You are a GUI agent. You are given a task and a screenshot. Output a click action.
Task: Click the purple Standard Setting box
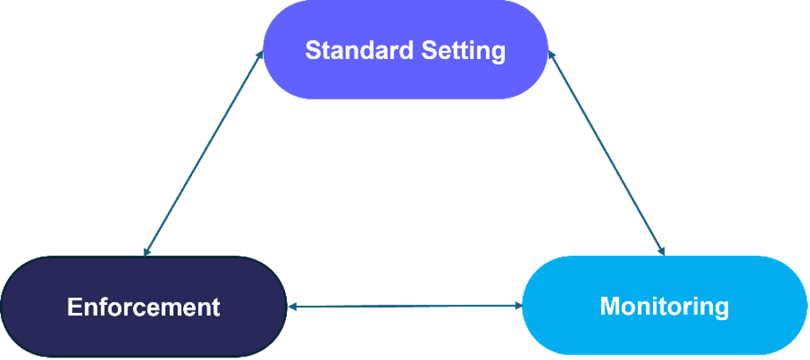(405, 49)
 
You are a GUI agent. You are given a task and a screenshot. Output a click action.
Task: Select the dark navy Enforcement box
(143, 307)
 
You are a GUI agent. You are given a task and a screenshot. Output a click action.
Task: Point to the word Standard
(359, 50)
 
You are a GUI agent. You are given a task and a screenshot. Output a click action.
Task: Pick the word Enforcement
(143, 307)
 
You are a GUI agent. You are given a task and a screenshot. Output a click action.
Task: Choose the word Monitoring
(664, 306)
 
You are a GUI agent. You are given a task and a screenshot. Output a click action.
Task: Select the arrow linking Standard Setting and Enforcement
(204, 153)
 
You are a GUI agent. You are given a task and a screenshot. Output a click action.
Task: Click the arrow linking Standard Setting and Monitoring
(606, 153)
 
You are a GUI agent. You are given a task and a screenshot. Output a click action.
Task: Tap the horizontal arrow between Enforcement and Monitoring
(405, 307)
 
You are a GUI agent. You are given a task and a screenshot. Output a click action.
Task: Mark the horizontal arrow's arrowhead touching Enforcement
(292, 307)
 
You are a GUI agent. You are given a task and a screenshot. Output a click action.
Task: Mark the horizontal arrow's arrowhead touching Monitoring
(519, 306)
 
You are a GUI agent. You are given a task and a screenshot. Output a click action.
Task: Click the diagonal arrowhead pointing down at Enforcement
(147, 252)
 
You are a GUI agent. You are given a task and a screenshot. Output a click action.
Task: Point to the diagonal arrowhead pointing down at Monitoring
(661, 251)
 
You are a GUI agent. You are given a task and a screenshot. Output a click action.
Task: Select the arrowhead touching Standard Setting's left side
(260, 54)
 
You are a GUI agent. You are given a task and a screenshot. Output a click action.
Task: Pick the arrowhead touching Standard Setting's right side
(551, 55)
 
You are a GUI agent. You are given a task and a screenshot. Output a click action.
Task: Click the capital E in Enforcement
(74, 307)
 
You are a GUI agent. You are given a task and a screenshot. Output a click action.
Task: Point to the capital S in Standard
(314, 50)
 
